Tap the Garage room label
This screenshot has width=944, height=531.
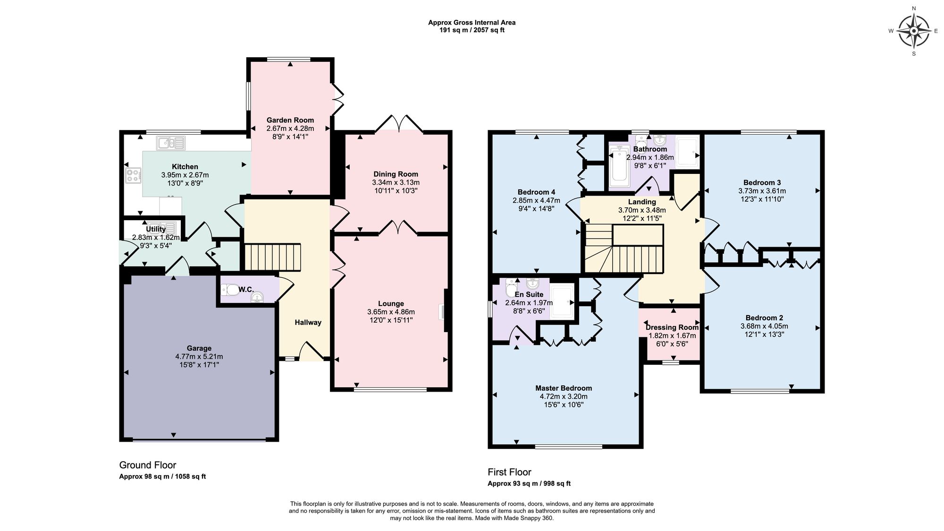pyautogui.click(x=199, y=348)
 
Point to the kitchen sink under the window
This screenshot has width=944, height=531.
pyautogui.click(x=171, y=142)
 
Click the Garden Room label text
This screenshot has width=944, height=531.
pyautogui.click(x=290, y=120)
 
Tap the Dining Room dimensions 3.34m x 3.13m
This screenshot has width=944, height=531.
pyautogui.click(x=396, y=182)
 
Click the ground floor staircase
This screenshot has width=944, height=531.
pyautogui.click(x=272, y=257)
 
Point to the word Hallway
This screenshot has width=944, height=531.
pyautogui.click(x=308, y=322)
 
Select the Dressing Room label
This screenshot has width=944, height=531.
pyautogui.click(x=672, y=327)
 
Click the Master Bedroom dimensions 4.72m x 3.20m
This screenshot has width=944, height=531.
pyautogui.click(x=564, y=396)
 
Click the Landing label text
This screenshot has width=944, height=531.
pyautogui.click(x=641, y=202)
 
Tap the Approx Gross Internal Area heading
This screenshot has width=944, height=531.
pyautogui.click(x=472, y=22)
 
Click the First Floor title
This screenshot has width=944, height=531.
pyautogui.click(x=509, y=472)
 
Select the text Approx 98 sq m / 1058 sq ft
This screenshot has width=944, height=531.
pyautogui.click(x=162, y=476)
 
